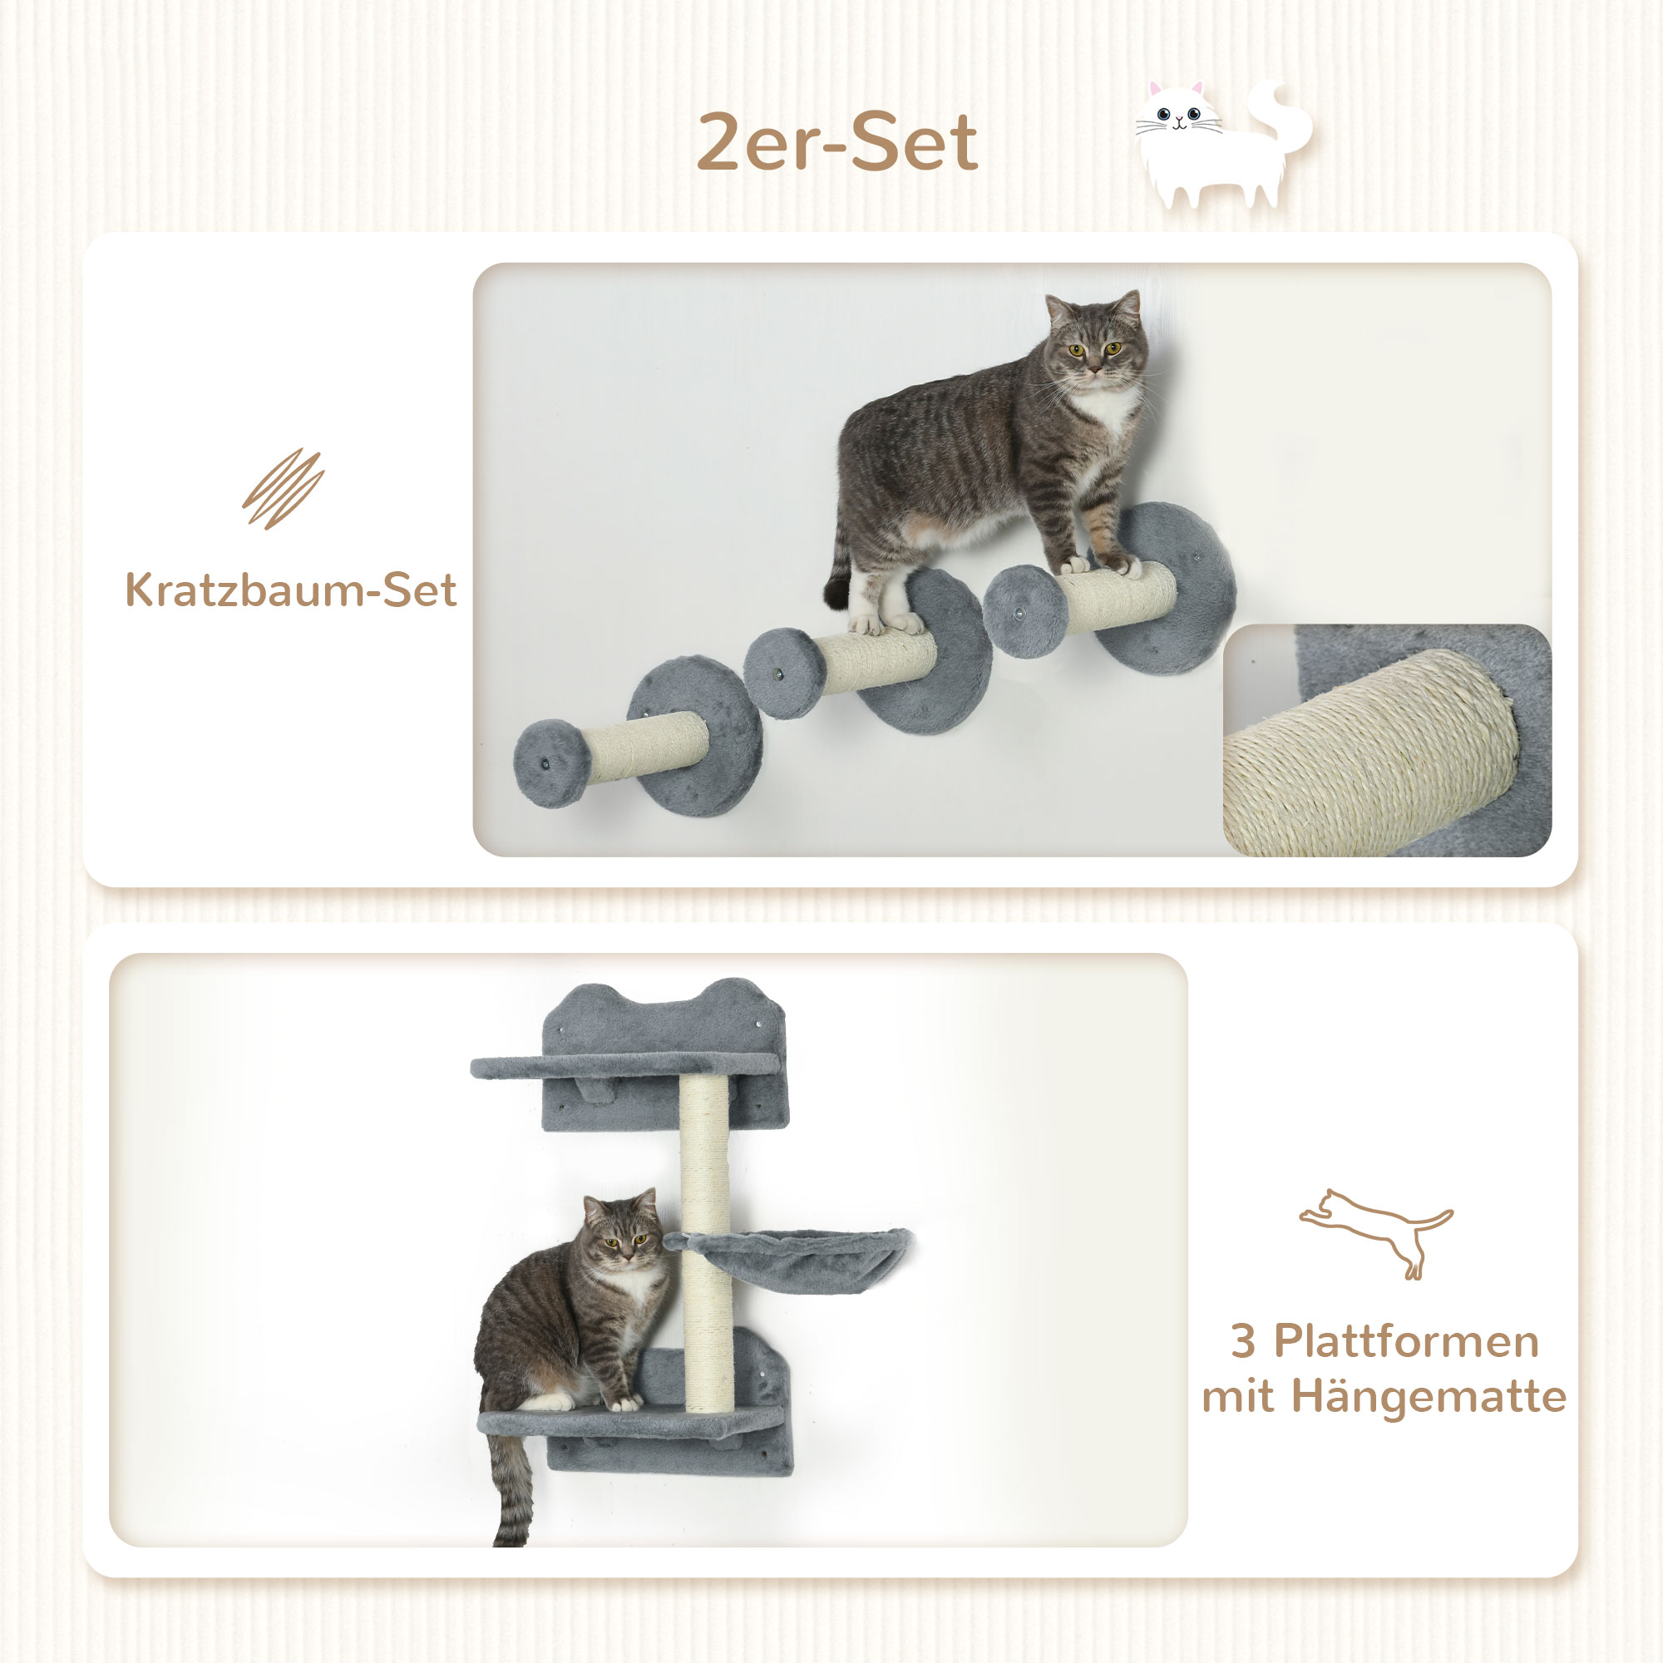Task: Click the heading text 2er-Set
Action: [836, 143]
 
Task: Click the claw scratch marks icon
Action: [284, 488]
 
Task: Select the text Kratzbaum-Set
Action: [291, 590]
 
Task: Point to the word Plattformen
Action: [1405, 1342]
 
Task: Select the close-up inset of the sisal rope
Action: [1385, 740]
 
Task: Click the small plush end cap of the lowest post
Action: [551, 763]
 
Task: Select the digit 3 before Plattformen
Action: [1242, 1342]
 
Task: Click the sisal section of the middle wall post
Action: [878, 662]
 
